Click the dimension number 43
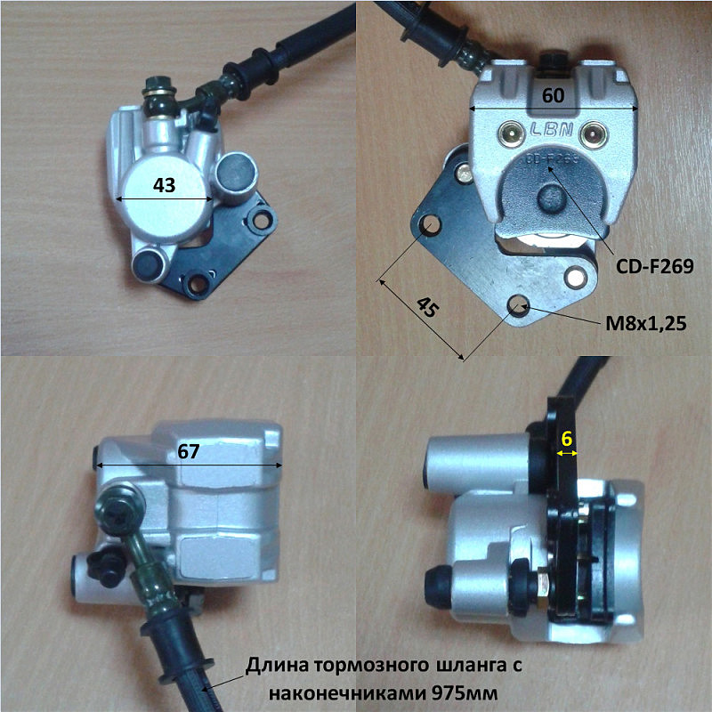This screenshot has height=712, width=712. pos(164,185)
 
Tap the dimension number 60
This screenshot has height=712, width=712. pos(553,95)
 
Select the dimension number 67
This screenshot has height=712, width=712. pos(189,451)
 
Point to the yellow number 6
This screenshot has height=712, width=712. pos(567,439)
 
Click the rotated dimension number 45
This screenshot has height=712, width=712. pos(428,307)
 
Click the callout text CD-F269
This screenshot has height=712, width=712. pos(654,266)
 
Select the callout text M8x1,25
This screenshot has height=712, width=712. pos(646,323)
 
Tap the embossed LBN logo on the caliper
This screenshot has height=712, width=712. pos(551,130)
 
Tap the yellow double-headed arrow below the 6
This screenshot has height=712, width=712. pos(567,453)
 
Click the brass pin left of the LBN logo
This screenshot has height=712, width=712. pos(511,133)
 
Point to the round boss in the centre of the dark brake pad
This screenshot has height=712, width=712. pos(553,198)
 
